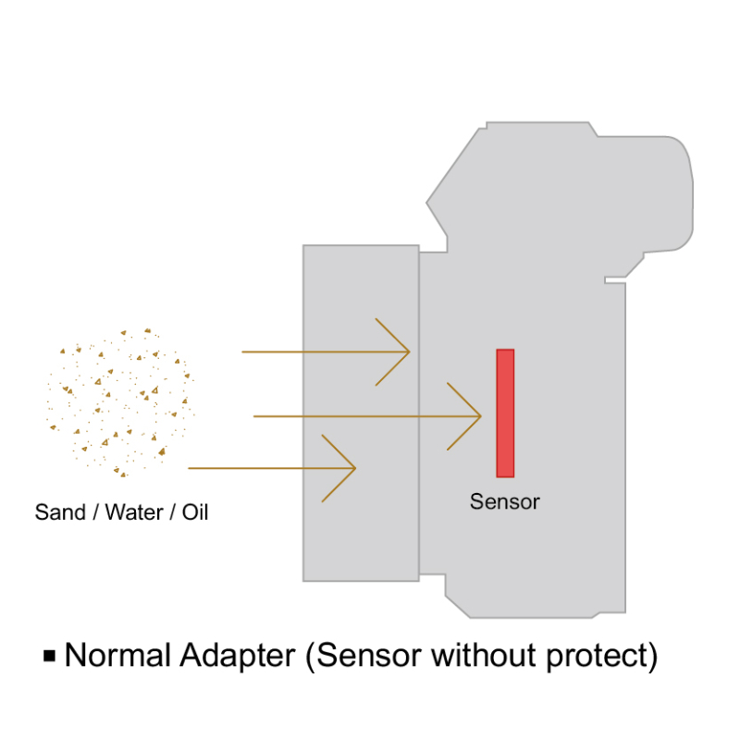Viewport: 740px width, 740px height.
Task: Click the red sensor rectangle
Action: coord(505,413)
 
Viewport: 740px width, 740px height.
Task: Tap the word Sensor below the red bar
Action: coord(504,501)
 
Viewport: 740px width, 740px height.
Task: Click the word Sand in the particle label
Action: coord(60,512)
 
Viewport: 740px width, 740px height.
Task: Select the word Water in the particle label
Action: coord(134,512)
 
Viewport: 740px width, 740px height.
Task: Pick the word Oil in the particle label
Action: coord(195,512)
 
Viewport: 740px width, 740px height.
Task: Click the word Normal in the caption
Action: coord(117,655)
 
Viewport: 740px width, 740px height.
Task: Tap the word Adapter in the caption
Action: coord(238,657)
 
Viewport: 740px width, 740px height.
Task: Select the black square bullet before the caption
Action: coord(50,656)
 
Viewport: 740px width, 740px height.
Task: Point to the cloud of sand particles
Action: coord(121,402)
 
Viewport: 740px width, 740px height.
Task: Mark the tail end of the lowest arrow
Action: coord(189,468)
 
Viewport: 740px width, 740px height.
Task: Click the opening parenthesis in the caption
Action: coord(310,657)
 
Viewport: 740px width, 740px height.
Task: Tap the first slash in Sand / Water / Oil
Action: coord(95,512)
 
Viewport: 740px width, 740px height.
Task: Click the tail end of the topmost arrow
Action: coord(242,351)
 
